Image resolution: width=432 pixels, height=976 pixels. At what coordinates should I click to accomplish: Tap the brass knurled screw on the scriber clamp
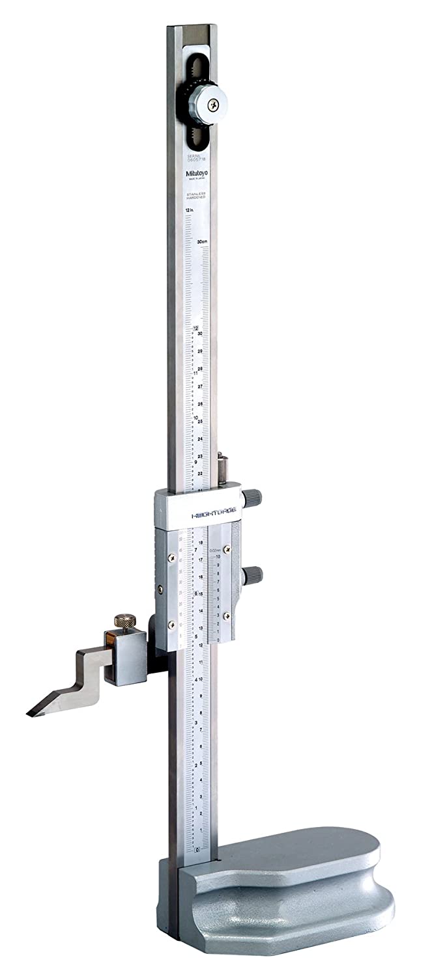pyautogui.click(x=122, y=621)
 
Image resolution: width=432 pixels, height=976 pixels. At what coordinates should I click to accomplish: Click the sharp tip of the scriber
pyautogui.click(x=29, y=714)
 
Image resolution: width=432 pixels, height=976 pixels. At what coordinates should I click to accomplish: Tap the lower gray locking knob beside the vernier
pyautogui.click(x=253, y=574)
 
